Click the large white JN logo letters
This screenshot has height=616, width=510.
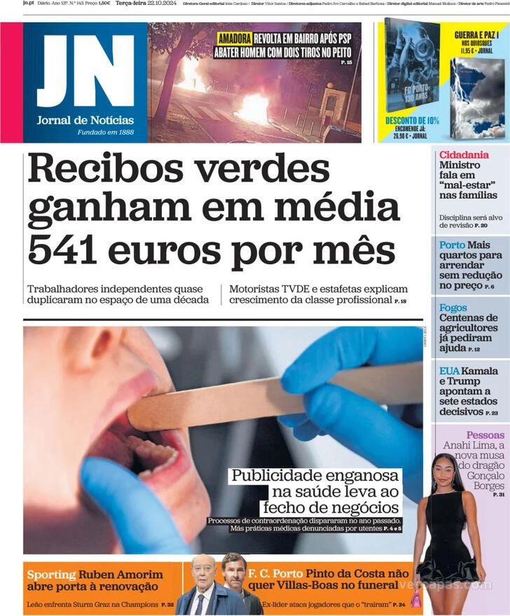click(x=85, y=70)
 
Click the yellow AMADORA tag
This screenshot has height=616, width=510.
click(x=234, y=39)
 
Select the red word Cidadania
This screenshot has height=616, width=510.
click(x=464, y=155)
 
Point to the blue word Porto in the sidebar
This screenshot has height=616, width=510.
click(x=452, y=245)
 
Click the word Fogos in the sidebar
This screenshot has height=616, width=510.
click(x=453, y=308)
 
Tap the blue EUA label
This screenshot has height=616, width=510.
click(x=449, y=371)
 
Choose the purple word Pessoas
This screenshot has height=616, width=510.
click(x=485, y=435)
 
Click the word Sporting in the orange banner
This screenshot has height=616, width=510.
click(x=51, y=575)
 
